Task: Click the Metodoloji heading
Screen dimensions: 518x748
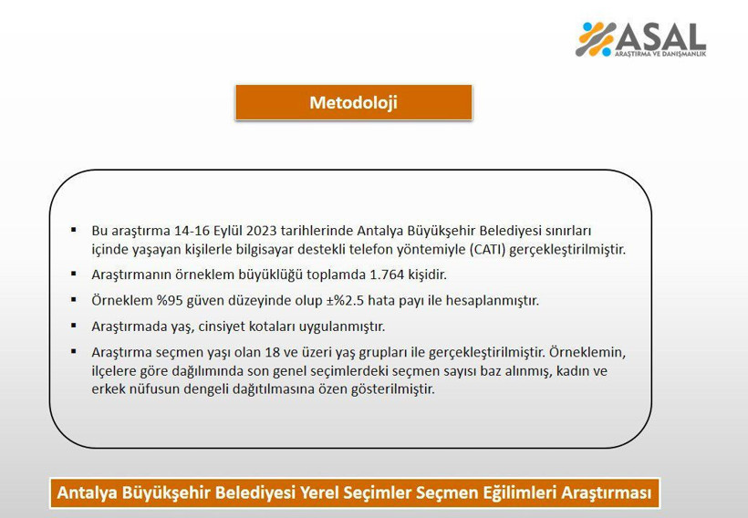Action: click(x=353, y=102)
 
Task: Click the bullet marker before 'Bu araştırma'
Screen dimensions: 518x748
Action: click(x=74, y=231)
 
